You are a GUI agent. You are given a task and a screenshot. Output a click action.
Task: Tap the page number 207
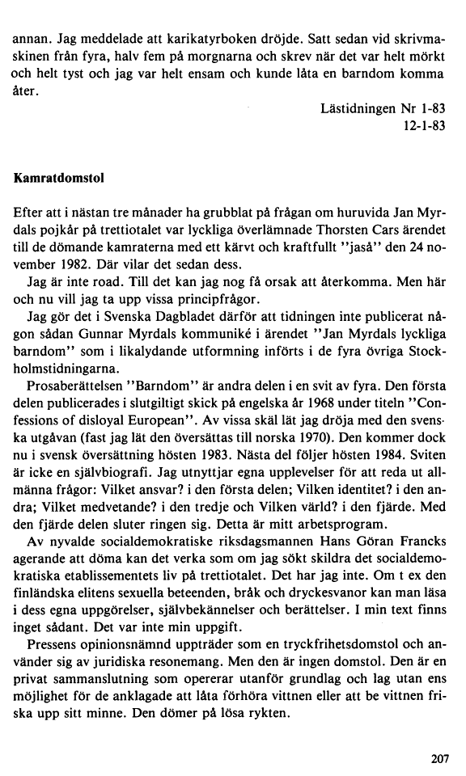[438, 757]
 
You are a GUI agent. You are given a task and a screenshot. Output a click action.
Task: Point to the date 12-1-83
[424, 125]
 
